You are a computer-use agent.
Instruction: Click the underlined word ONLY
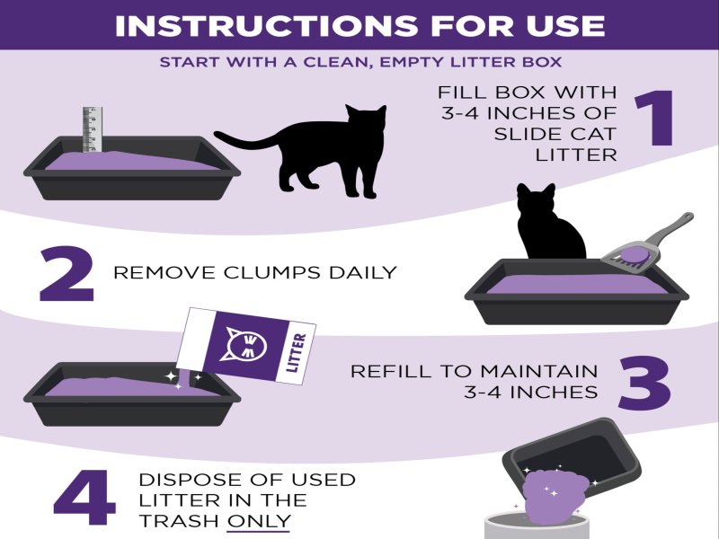point(259,521)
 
